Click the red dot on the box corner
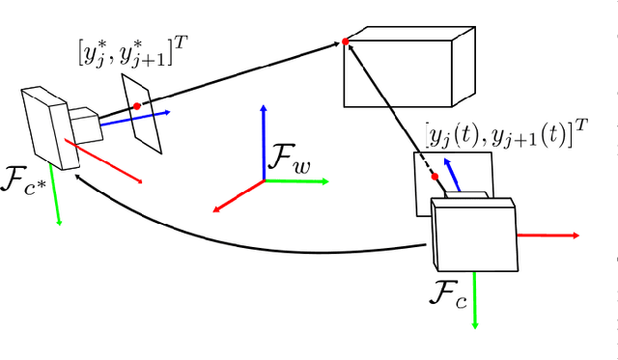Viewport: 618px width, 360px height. pos(346,42)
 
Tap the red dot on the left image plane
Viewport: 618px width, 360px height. pos(137,105)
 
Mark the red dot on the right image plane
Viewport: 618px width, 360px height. pos(435,176)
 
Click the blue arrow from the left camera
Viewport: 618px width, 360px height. pos(135,119)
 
